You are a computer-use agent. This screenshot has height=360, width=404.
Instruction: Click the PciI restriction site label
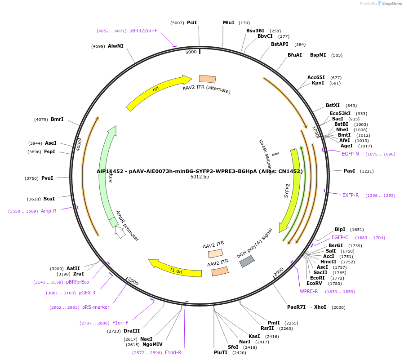pos(192,22)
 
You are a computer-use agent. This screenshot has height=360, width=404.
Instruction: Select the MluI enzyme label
pos(229,22)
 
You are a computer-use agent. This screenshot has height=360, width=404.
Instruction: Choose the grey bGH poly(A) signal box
pos(247,261)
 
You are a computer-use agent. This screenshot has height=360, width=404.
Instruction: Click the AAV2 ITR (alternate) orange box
pos(208,79)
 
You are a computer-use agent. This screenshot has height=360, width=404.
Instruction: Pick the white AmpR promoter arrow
pos(120,232)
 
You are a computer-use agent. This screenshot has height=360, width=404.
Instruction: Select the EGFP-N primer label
pos(351,154)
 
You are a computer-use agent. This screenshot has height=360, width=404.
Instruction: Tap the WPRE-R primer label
pos(309,291)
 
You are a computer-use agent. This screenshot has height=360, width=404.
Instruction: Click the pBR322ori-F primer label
pos(143,31)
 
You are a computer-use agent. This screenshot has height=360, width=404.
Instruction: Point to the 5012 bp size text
pos(200,177)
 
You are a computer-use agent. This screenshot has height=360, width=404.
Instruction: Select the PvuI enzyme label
pos(47,178)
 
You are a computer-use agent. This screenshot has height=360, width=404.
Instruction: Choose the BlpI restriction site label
pos(340,229)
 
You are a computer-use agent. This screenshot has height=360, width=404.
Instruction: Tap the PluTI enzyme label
pos(221,352)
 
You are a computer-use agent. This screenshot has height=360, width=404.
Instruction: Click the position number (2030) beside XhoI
pos(338,307)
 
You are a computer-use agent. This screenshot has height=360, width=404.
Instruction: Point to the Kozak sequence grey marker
pos(275,154)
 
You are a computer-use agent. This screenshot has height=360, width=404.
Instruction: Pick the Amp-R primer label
pos(49,211)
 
